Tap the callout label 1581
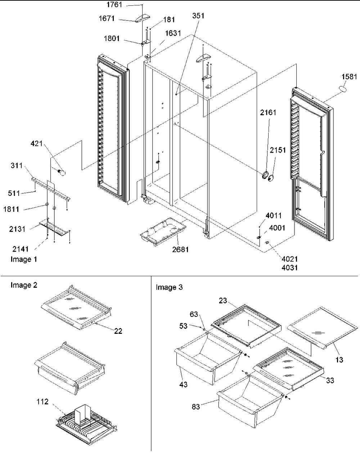click(349, 77)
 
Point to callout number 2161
click(269, 113)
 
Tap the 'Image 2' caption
click(24, 286)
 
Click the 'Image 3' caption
click(169, 287)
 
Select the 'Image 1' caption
click(24, 259)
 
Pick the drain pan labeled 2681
click(163, 233)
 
